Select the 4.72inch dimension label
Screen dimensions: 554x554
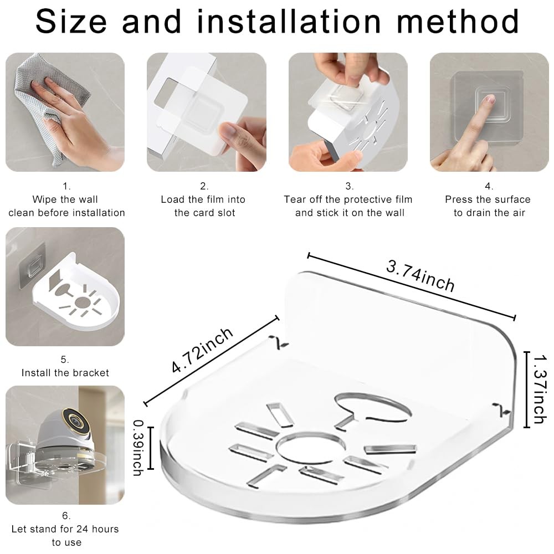(x=202, y=351)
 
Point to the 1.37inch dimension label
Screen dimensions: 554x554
(x=540, y=389)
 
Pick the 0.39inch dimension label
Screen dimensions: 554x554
(x=138, y=448)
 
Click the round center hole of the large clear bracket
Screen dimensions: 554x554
(x=310, y=448)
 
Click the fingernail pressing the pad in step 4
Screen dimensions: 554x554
(x=489, y=99)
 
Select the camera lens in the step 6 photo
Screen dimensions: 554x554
(x=75, y=420)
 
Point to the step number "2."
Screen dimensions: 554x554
(x=204, y=186)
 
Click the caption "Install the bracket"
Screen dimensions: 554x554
(x=65, y=373)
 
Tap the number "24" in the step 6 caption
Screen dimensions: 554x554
(x=83, y=529)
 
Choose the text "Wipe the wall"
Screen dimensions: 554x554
(x=65, y=199)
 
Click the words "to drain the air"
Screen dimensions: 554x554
(x=489, y=213)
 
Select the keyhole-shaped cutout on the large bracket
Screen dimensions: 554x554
(x=371, y=410)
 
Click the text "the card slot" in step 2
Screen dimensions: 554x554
(x=204, y=213)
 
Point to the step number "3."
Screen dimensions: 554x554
(x=349, y=186)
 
